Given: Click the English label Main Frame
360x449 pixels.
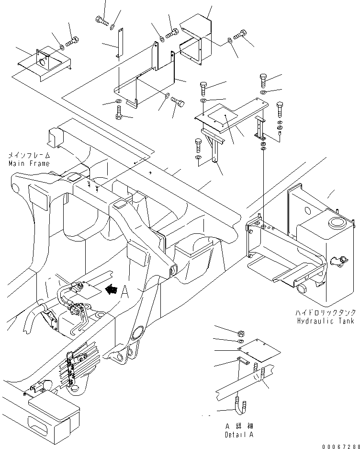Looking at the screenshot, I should tap(28, 163).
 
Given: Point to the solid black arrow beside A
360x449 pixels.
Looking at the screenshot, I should tap(112, 289).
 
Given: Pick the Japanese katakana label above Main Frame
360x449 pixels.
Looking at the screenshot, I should tap(29, 156).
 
